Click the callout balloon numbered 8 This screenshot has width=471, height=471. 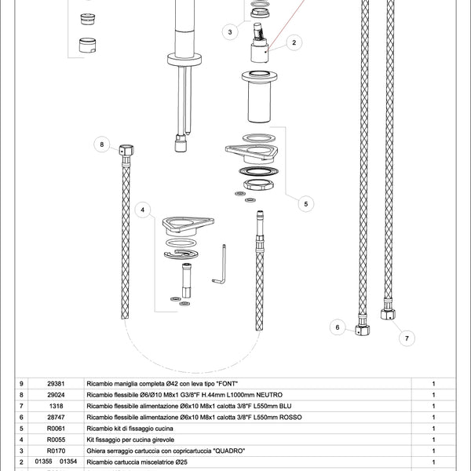point(101,144)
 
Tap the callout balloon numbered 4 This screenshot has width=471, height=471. point(142,210)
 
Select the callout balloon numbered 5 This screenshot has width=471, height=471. point(306,203)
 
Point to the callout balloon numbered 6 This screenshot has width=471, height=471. point(337,327)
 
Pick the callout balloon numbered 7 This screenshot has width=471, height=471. point(406,339)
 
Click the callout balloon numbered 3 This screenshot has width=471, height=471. point(229,32)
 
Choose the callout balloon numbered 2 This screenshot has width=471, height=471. point(293,42)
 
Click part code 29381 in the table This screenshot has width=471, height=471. point(57,382)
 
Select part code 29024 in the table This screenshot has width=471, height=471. point(57,394)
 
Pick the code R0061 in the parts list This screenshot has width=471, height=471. point(57,428)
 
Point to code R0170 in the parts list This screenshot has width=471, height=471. point(57,451)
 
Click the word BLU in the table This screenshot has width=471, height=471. point(283,405)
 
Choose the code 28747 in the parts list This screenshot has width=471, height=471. point(57,417)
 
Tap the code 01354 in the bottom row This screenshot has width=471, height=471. point(70,462)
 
